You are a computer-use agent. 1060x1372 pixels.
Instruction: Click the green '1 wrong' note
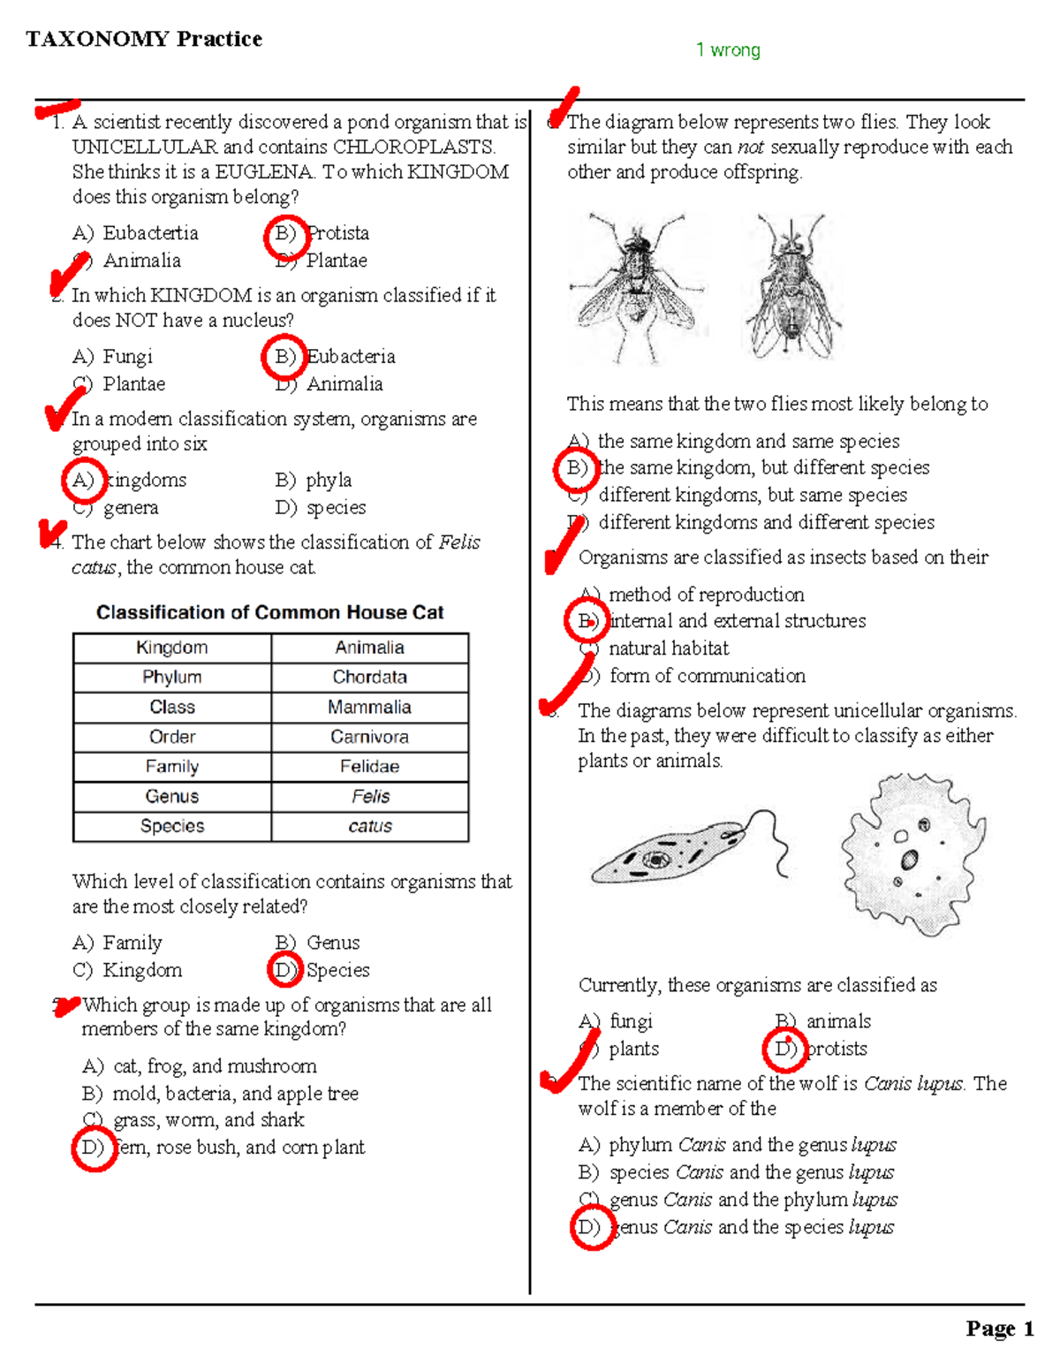coord(728,49)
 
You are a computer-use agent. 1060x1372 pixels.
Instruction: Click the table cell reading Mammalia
coord(369,707)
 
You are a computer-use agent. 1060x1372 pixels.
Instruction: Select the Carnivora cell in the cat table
coord(369,737)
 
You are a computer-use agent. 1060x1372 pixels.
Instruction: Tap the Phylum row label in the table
coord(171,678)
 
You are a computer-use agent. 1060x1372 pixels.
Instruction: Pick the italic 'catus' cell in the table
coord(370,826)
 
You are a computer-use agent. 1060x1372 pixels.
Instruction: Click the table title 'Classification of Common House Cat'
coord(269,612)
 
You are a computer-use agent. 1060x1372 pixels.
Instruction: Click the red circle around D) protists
coord(784,1050)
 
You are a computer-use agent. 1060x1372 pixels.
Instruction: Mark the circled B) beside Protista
coord(286,238)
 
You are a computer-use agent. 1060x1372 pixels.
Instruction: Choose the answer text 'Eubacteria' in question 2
coord(351,357)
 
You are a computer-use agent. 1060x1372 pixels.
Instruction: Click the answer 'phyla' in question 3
coord(329,481)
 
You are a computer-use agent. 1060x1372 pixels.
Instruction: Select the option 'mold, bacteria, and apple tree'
coord(236,1093)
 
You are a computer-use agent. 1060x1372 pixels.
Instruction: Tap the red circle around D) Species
coord(284,970)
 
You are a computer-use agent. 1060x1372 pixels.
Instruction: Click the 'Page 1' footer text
coord(1000,1329)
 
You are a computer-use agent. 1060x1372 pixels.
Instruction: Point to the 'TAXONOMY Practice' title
coord(144,39)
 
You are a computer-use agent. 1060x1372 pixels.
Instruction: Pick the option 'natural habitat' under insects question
coord(669,648)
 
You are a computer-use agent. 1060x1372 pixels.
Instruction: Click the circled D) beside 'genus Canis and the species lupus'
coord(592,1228)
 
